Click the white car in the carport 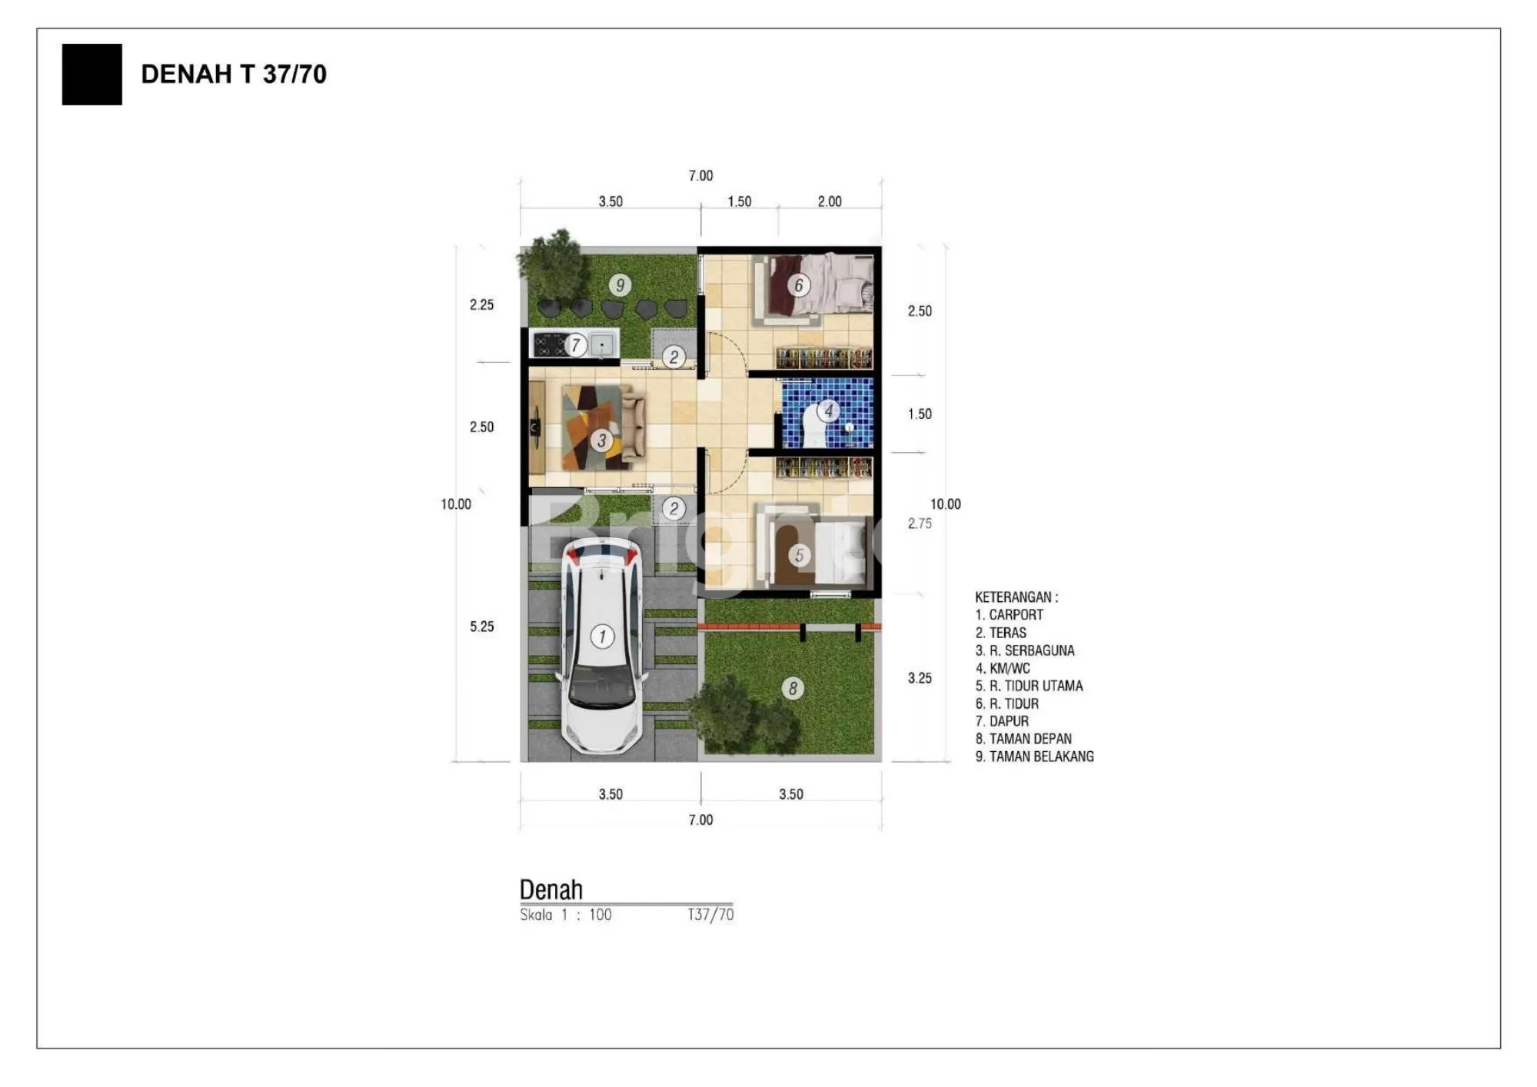pyautogui.click(x=602, y=646)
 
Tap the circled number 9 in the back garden pyautogui.click(x=620, y=285)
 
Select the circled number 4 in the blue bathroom pyautogui.click(x=828, y=411)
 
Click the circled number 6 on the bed pyautogui.click(x=799, y=285)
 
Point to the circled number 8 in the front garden pyautogui.click(x=793, y=688)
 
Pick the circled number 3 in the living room pyautogui.click(x=602, y=440)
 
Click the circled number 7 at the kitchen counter pyautogui.click(x=575, y=345)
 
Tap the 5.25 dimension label pyautogui.click(x=482, y=627)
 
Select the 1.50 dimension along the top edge pyautogui.click(x=740, y=201)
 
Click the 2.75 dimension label pyautogui.click(x=920, y=524)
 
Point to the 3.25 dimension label pyautogui.click(x=920, y=678)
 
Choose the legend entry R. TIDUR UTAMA pyautogui.click(x=1029, y=686)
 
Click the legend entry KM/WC pyautogui.click(x=1003, y=668)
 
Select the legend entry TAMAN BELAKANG pyautogui.click(x=1034, y=756)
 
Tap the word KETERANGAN pyautogui.click(x=1012, y=597)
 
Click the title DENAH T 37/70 pyautogui.click(x=234, y=74)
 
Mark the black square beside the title pyautogui.click(x=91, y=74)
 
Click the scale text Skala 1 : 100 pyautogui.click(x=566, y=915)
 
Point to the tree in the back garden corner pyautogui.click(x=551, y=261)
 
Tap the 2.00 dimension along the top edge pyautogui.click(x=830, y=201)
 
